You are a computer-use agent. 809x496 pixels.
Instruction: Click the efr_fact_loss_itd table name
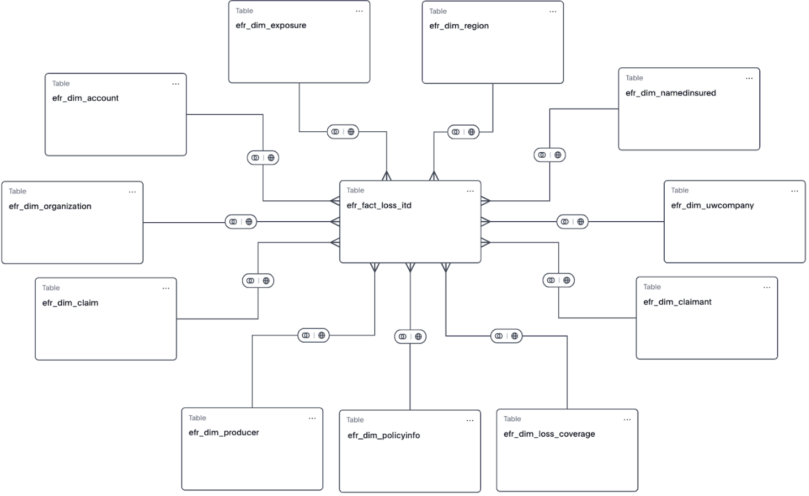coord(379,205)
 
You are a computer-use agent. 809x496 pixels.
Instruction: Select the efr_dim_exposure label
coord(271,25)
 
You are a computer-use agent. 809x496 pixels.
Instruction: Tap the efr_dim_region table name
coord(459,26)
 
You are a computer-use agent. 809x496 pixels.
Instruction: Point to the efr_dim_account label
coord(85,98)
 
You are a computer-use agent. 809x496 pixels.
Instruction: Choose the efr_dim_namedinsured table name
coord(670,93)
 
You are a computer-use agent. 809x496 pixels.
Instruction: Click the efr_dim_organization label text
coord(50,206)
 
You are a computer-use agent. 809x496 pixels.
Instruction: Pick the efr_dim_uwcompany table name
coord(712,205)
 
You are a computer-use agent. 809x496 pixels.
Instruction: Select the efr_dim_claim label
coord(70,303)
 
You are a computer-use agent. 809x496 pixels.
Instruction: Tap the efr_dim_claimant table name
coord(677,302)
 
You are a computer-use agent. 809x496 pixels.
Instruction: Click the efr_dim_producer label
coord(224,433)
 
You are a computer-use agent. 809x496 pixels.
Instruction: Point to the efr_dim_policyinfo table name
coord(383,435)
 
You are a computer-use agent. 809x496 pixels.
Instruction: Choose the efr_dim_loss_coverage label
coord(549,434)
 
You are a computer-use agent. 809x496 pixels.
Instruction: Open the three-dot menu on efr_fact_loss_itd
coord(470,191)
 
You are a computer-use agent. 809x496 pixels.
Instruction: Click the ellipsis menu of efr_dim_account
coord(176,84)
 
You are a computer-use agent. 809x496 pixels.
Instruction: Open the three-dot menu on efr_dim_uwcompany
coord(794,191)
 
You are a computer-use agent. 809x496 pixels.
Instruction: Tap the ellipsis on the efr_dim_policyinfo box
coord(470,421)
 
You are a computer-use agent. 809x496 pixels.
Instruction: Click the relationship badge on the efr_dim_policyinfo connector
coord(410,337)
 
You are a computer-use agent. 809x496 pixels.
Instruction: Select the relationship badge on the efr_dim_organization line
coord(241,222)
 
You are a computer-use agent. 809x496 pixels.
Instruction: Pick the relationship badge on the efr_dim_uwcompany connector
coord(572,222)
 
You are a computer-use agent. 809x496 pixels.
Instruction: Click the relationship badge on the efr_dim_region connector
coord(463,132)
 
